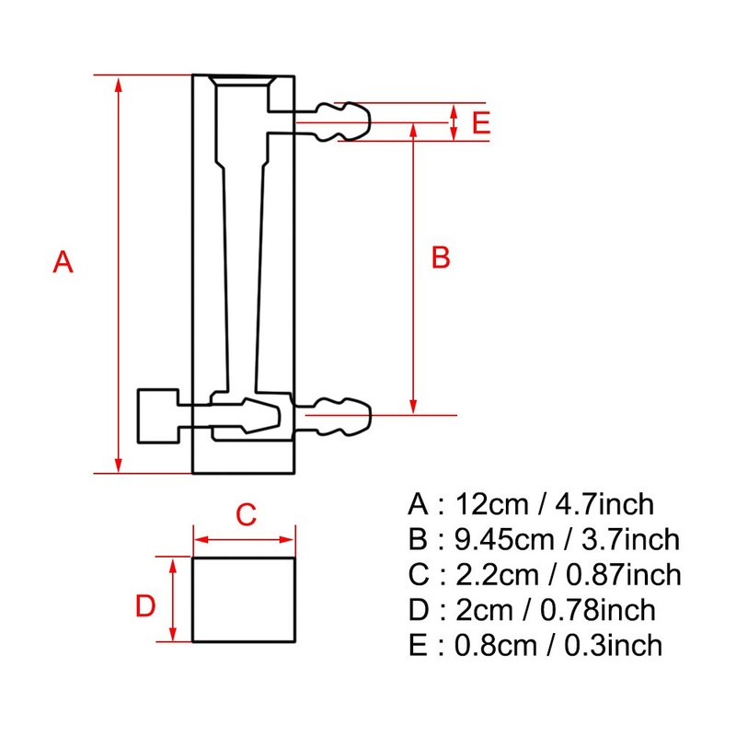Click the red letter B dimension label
441,259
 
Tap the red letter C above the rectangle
245,515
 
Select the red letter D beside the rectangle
145,607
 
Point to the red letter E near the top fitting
480,123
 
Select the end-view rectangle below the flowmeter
244,599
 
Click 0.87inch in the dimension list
626,575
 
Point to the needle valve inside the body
244,416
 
